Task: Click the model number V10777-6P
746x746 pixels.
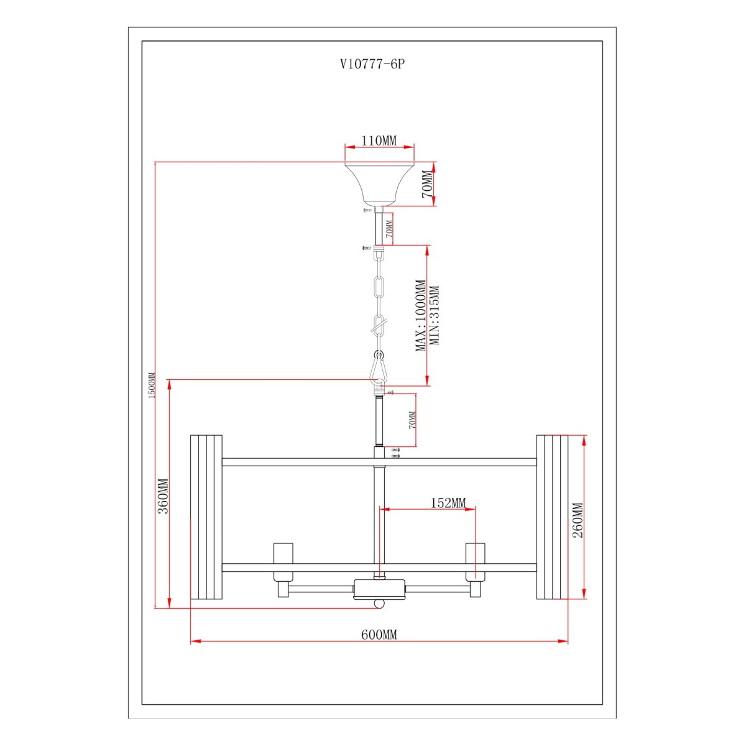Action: click(x=372, y=64)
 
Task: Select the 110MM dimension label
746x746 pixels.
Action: click(x=379, y=140)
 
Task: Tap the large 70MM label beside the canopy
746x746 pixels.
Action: click(x=427, y=184)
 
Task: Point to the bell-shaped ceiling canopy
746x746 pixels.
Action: click(x=379, y=183)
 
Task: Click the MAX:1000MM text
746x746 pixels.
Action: click(x=421, y=316)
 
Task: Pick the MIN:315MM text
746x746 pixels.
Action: click(x=435, y=316)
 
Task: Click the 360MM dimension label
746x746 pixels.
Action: click(x=163, y=496)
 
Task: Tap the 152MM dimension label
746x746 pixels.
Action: click(x=448, y=502)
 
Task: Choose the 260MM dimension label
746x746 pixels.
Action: click(x=577, y=520)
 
